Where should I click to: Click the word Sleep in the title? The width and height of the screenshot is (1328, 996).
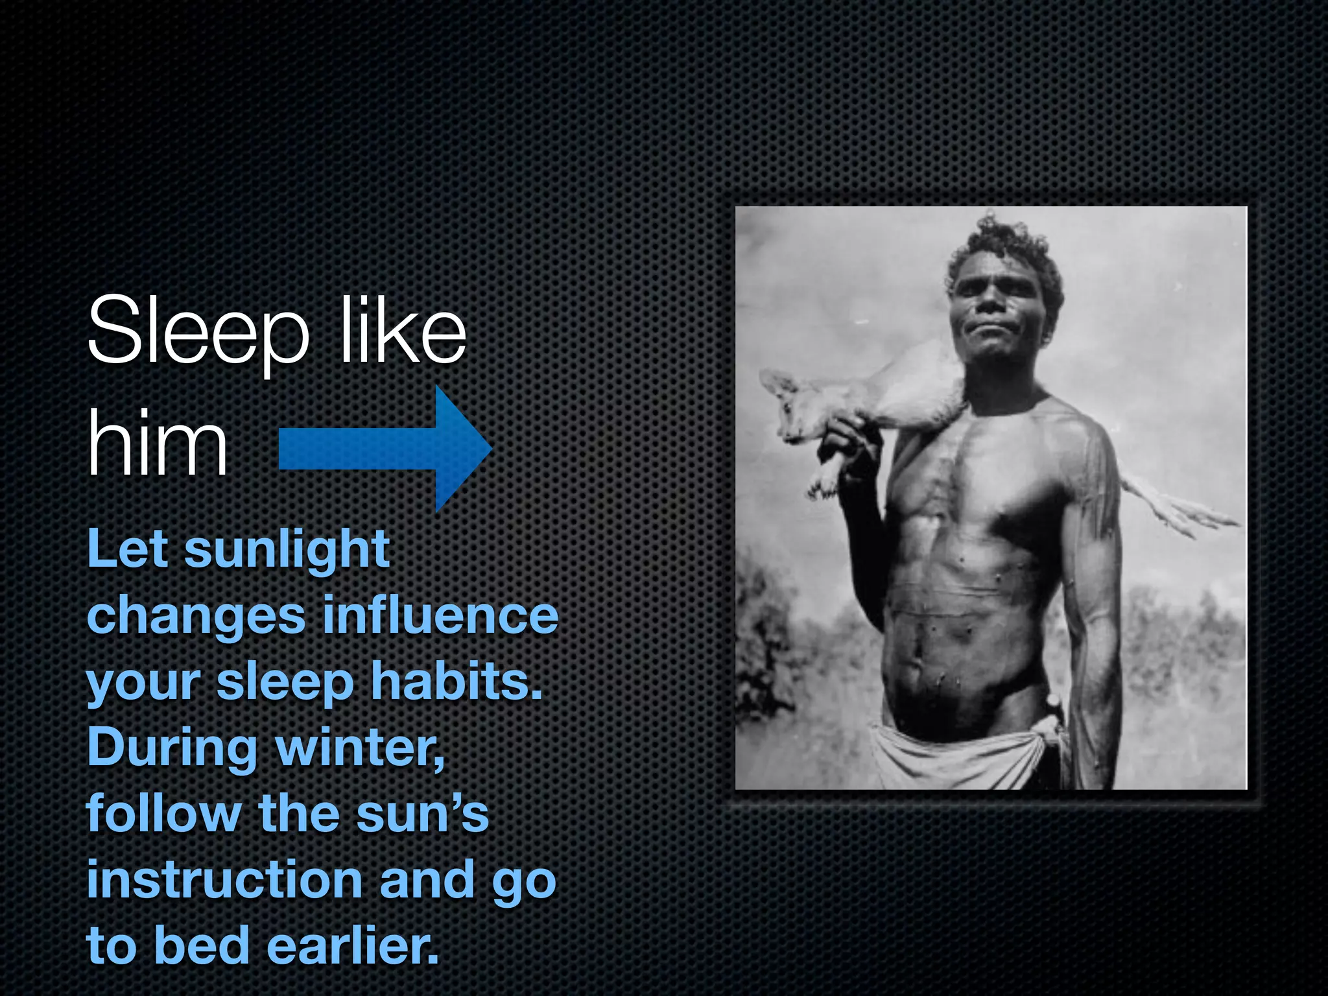(197, 332)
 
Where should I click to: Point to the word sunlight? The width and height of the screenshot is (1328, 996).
(287, 550)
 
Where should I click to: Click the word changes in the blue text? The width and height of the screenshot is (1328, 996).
(196, 616)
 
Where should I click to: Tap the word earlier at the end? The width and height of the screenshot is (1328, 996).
(353, 945)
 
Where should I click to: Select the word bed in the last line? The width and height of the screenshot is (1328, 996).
(202, 945)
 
